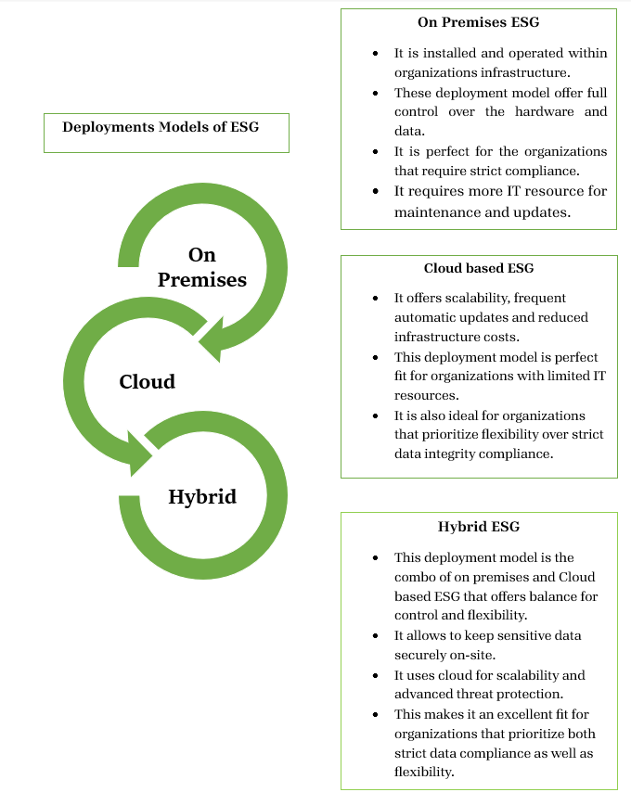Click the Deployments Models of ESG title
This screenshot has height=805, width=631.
[x=161, y=127]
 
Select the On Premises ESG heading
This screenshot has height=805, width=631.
[x=478, y=21]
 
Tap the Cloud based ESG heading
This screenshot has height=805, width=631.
[x=478, y=268]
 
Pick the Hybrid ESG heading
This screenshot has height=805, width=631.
[x=478, y=527]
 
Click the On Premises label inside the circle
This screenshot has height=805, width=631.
[x=201, y=266]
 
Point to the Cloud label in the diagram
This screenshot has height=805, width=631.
[x=147, y=381]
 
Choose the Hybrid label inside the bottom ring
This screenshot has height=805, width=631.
[x=202, y=496]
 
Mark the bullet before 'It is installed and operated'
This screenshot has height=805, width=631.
[x=374, y=53]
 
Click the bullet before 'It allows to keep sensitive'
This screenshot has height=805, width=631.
[x=374, y=636]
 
